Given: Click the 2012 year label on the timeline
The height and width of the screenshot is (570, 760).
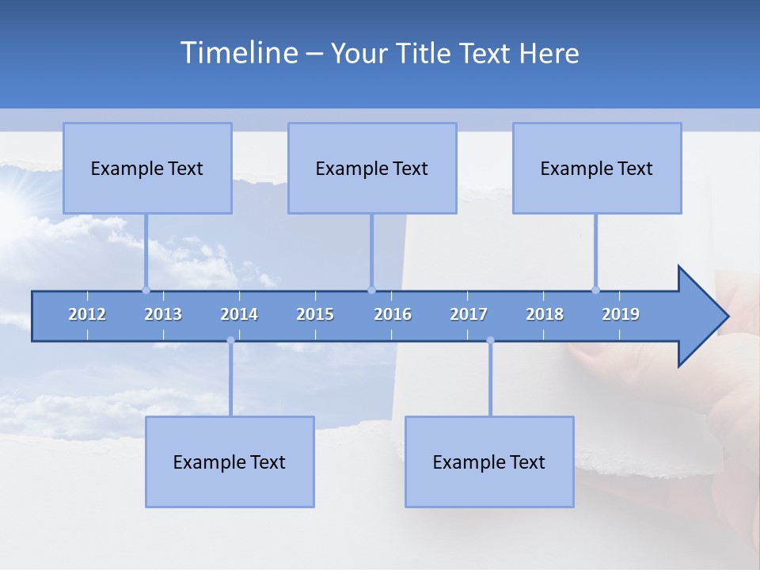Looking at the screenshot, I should pos(87,314).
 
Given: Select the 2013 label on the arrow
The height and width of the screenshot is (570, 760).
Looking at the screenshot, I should pos(163,314).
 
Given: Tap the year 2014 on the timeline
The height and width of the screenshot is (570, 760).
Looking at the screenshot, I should pos(239,314).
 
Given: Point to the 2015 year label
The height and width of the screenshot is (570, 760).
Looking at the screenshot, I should pos(315,314).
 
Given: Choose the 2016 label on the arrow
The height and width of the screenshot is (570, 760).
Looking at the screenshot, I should pos(393,314).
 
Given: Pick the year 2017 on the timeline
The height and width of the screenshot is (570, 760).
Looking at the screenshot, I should pos(469,314).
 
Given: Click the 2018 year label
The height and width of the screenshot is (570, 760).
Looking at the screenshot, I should pos(545,314).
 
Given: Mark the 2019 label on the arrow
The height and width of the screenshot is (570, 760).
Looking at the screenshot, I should pos(621,314).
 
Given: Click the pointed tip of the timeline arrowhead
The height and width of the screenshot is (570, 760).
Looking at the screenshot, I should pos(727,317).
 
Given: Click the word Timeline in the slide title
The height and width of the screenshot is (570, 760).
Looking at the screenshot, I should pos(238,53).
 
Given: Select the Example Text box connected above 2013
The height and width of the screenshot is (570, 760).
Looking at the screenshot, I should pos(147,168).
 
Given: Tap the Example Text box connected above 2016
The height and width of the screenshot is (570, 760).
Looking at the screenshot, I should pos(372,168).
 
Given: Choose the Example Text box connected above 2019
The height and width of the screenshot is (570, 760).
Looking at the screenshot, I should pos(597,168).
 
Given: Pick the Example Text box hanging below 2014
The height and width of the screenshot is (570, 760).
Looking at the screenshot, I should pos(230,462).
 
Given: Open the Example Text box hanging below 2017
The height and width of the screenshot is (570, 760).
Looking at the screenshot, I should pos(489,462).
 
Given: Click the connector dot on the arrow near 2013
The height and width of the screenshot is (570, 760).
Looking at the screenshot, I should pos(146,290).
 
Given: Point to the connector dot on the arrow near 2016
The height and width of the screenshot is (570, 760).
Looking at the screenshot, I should pos(371,290).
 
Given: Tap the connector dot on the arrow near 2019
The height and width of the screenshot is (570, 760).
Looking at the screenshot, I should pos(595,290).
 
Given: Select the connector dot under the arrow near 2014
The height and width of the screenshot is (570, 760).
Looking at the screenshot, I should pos(230,340).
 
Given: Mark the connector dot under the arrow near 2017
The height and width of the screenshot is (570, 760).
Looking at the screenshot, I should pos(490,340).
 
